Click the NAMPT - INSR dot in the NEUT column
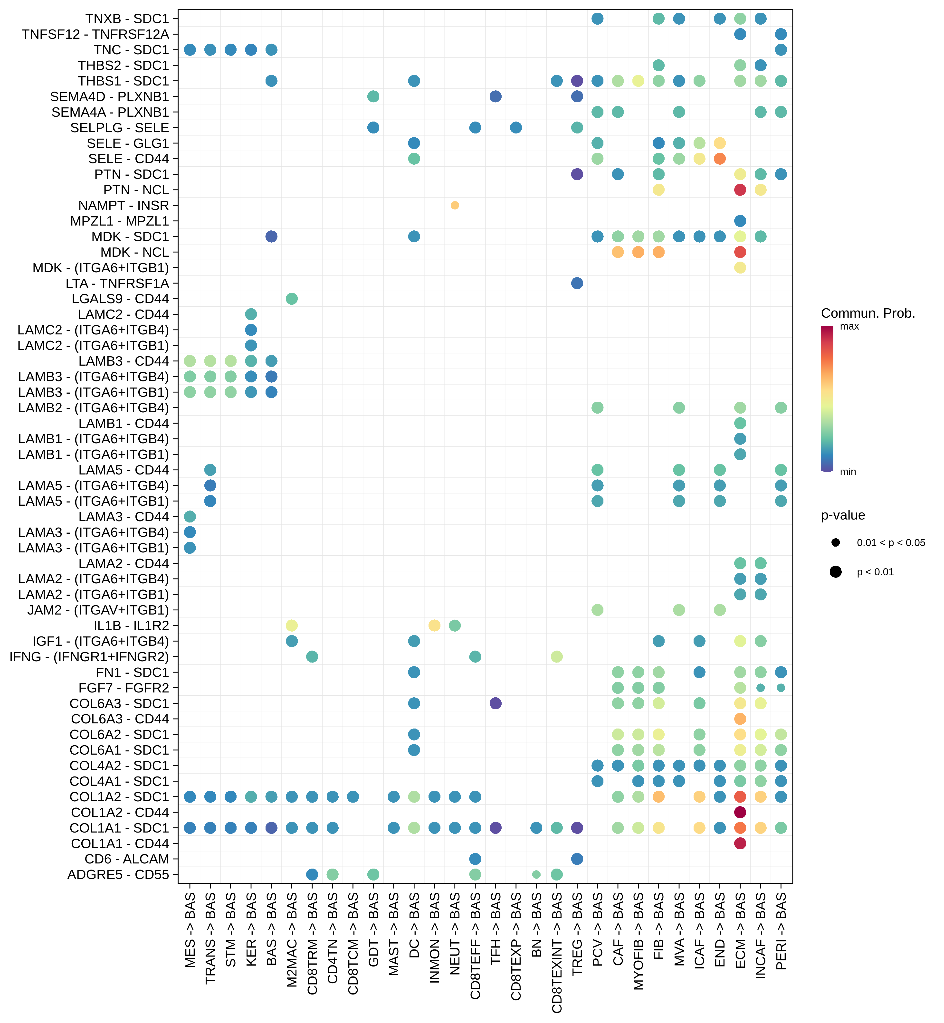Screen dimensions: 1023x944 coord(455,205)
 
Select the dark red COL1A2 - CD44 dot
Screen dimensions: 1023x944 coord(740,812)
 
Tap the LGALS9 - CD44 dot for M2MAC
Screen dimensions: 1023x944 coord(292,299)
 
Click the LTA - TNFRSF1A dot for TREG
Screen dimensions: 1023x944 coord(577,283)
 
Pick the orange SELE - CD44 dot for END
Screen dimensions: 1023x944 coord(720,159)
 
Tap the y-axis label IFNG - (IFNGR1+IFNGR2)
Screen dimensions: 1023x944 coord(89,657)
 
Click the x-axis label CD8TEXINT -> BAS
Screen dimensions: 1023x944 coord(557,953)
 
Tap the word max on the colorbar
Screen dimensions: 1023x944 coord(849,326)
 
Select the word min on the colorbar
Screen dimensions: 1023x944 coord(848,472)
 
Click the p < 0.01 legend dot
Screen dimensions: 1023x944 coord(836,572)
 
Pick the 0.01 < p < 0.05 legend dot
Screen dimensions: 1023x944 coord(836,542)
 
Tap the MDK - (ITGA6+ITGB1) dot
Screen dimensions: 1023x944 coord(740,268)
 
